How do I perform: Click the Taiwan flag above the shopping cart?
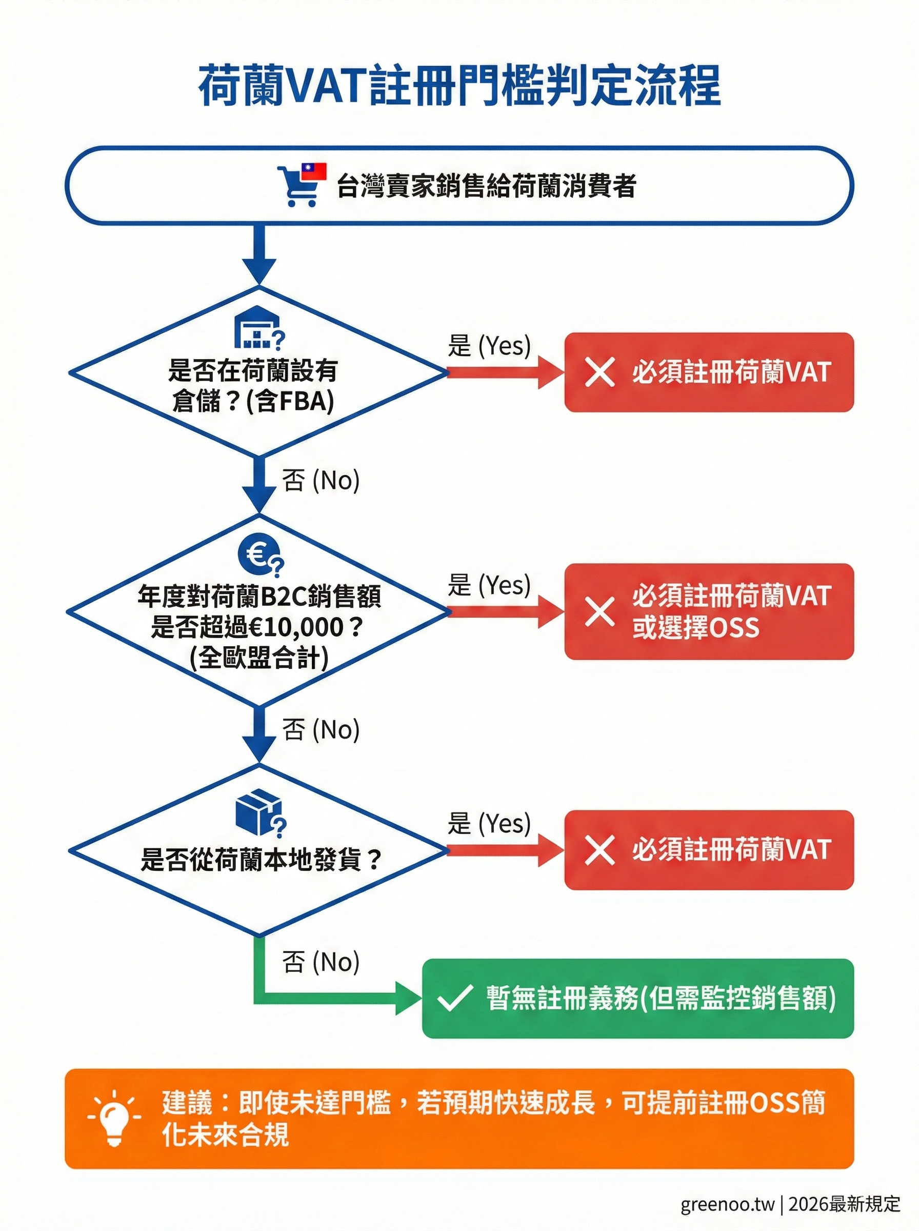click(314, 171)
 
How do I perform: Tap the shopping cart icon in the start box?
click(299, 188)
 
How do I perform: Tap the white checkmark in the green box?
click(455, 999)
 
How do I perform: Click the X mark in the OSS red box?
click(600, 612)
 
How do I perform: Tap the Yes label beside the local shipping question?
click(490, 824)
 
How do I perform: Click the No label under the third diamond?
click(321, 962)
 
